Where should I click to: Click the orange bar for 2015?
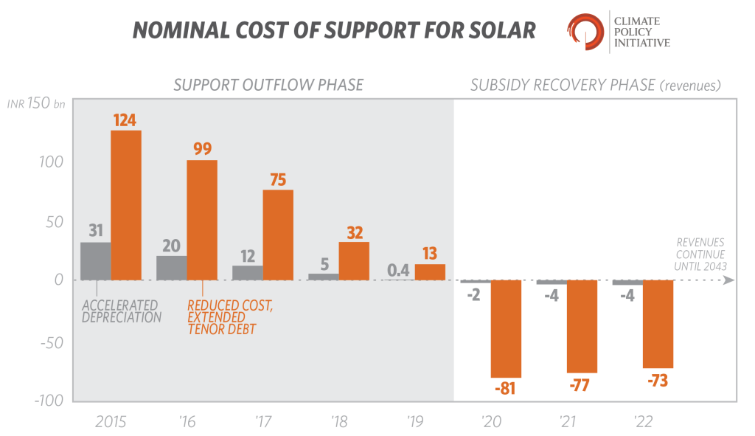(x=126, y=205)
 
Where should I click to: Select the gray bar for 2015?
(x=95, y=261)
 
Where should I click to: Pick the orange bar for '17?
(x=278, y=235)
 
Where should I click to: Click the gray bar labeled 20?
(x=172, y=268)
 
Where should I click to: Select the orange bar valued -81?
(x=506, y=329)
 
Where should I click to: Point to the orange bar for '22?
(x=658, y=324)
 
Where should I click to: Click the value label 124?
(x=124, y=119)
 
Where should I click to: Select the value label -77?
(x=581, y=385)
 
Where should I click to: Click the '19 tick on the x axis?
(x=415, y=422)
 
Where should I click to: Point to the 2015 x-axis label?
(x=111, y=422)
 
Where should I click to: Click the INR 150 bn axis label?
(x=36, y=104)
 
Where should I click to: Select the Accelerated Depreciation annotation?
(x=120, y=311)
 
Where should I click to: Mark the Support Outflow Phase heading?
(x=268, y=85)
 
